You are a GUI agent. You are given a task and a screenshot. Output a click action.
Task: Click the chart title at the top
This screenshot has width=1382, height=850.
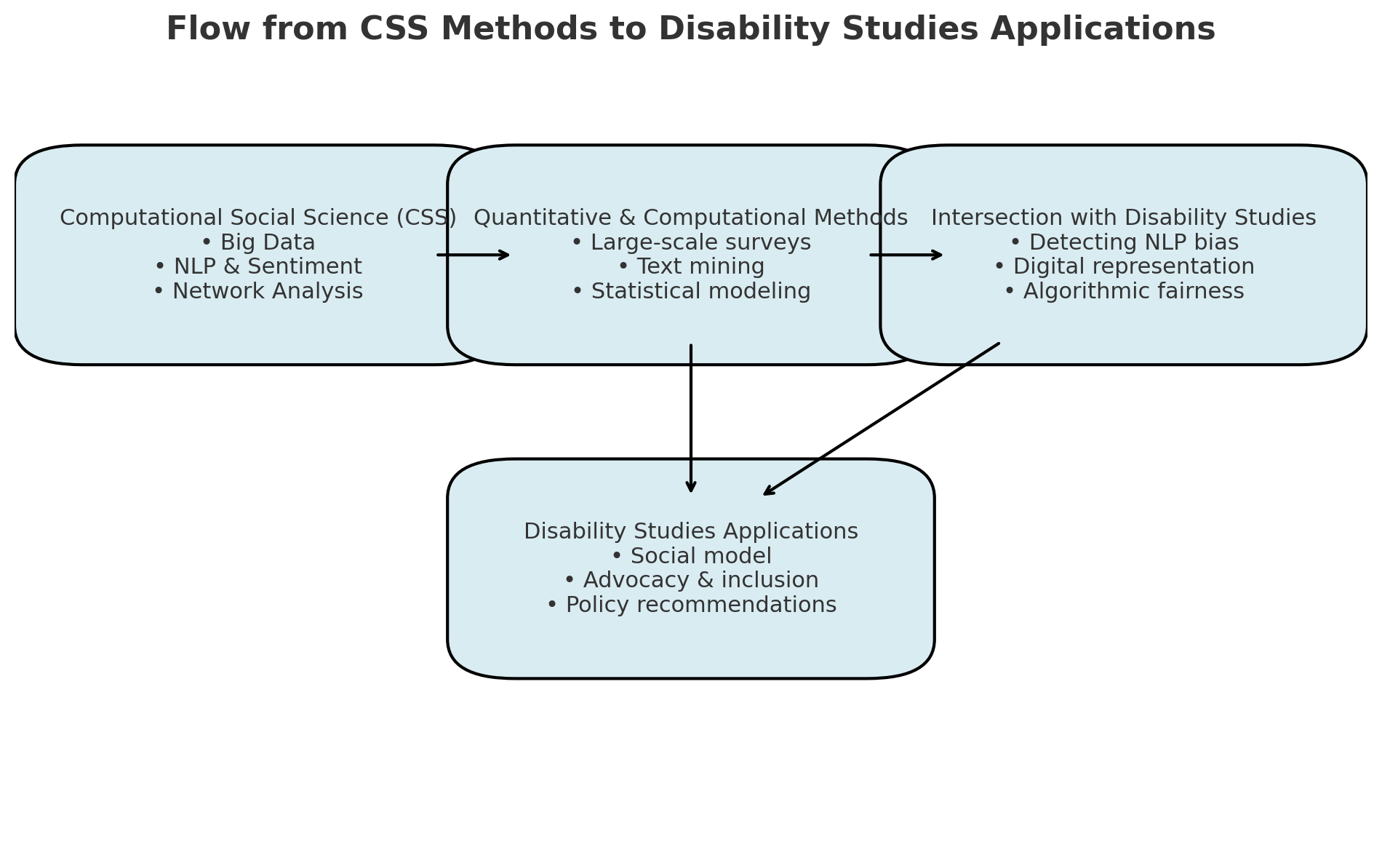(691, 30)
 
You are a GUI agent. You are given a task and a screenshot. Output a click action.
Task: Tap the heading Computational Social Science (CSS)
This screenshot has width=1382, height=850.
(258, 218)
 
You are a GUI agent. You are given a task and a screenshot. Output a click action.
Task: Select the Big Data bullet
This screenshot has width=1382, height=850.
(258, 243)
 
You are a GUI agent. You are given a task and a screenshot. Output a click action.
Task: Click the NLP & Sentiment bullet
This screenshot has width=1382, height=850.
(258, 267)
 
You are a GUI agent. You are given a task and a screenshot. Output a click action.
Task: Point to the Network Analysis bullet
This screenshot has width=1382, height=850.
(258, 292)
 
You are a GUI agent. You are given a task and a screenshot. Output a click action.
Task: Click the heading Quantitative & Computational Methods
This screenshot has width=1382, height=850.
(691, 218)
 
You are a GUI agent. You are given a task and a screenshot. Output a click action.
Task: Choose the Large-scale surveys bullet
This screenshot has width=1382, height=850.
(691, 243)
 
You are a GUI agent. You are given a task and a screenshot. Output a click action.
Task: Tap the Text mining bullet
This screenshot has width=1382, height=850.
(691, 267)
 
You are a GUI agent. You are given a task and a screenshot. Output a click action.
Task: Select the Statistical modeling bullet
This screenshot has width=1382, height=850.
(691, 292)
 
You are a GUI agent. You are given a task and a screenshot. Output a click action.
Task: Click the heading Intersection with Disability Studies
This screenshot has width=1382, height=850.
(1124, 218)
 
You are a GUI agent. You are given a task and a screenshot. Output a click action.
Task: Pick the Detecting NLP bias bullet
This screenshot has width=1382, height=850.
(1124, 243)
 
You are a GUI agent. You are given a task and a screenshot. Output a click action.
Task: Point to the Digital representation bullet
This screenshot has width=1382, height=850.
(1124, 267)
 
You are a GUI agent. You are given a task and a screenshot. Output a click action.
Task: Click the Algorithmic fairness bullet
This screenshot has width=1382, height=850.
(1124, 292)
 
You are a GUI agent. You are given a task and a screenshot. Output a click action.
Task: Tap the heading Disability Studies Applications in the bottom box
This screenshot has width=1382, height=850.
(691, 532)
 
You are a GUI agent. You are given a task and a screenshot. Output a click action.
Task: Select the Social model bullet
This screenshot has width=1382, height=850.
(691, 557)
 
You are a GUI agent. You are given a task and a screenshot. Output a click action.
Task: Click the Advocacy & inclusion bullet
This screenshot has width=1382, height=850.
(691, 581)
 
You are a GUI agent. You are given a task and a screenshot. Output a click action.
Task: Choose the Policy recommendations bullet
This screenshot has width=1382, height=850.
(691, 605)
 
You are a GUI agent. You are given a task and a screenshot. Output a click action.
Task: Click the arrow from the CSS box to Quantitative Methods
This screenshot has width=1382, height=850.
(473, 255)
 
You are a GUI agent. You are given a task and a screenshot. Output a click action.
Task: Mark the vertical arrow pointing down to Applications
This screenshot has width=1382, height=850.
(691, 418)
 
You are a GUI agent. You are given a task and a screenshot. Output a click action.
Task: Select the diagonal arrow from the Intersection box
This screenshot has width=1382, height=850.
(881, 419)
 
